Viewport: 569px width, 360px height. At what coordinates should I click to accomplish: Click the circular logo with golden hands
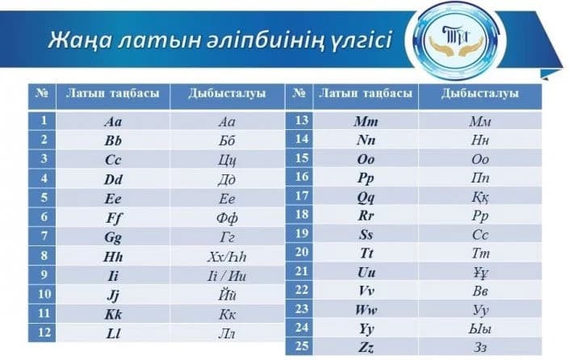(456, 41)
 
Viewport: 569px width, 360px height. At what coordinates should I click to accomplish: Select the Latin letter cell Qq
(366, 197)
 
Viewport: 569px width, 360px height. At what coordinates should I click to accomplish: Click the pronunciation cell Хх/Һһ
(227, 257)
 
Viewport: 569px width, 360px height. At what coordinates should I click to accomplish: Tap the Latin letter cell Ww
(366, 310)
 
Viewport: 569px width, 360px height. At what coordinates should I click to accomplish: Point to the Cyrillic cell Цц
(227, 160)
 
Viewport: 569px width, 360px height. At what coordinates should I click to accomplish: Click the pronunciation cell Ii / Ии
(227, 276)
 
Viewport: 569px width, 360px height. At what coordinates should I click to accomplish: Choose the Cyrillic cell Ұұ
(480, 273)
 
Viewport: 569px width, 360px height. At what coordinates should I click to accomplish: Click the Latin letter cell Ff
(113, 218)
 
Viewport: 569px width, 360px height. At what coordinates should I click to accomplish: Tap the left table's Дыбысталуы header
(227, 94)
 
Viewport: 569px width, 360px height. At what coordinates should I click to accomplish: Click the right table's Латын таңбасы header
(366, 94)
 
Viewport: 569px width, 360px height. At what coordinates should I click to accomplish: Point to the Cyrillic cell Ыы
(480, 329)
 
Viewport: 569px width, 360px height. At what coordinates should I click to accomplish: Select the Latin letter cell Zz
(366, 348)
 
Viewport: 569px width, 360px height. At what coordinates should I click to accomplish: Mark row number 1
(44, 120)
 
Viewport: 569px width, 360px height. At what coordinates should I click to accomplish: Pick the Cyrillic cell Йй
(227, 295)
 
